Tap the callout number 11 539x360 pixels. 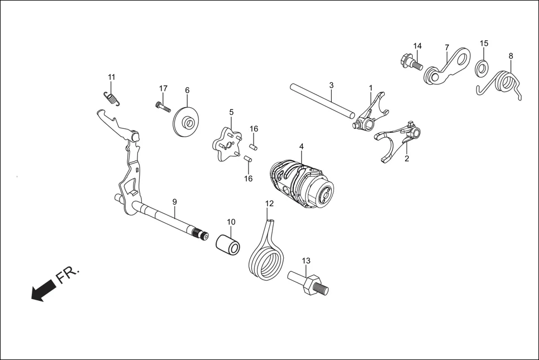112,76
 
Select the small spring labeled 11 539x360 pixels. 112,98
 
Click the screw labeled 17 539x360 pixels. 161,105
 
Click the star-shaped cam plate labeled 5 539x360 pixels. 226,142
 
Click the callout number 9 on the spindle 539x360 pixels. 174,201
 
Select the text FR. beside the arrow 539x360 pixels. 68,275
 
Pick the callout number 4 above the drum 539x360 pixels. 301,146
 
